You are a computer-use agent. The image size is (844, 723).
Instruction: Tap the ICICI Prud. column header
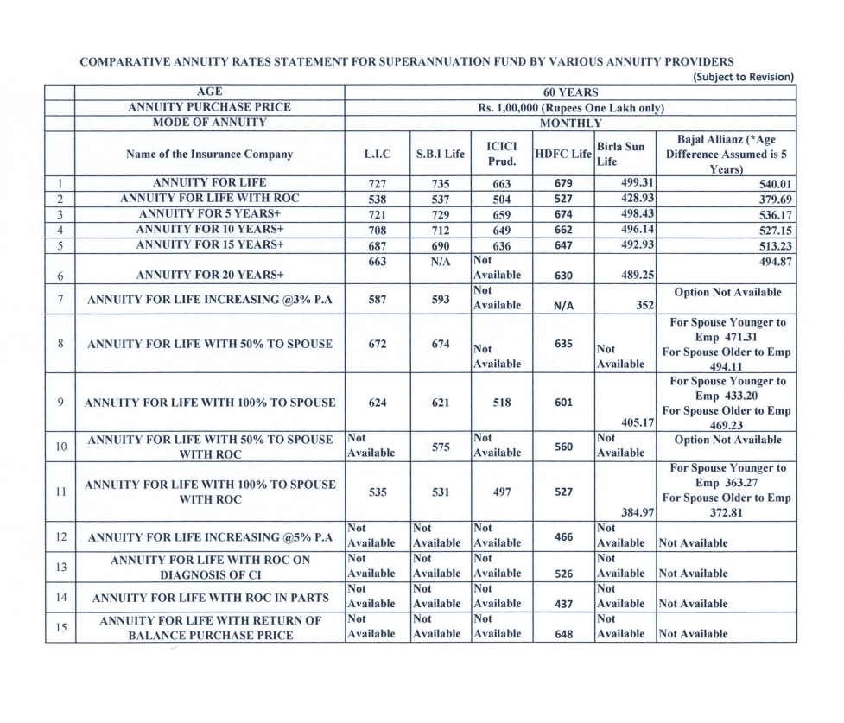(x=501, y=154)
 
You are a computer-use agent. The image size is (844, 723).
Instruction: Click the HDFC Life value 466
(x=562, y=536)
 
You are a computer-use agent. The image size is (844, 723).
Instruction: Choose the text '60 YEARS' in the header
(x=569, y=92)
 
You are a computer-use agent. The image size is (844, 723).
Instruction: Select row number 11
(x=60, y=492)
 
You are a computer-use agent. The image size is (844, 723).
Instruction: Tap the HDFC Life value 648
(x=562, y=633)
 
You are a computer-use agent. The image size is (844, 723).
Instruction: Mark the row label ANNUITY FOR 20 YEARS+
(x=210, y=276)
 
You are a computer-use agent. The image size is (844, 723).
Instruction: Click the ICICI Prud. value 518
(x=501, y=401)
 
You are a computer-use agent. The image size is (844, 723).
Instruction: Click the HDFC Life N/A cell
(x=562, y=303)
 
